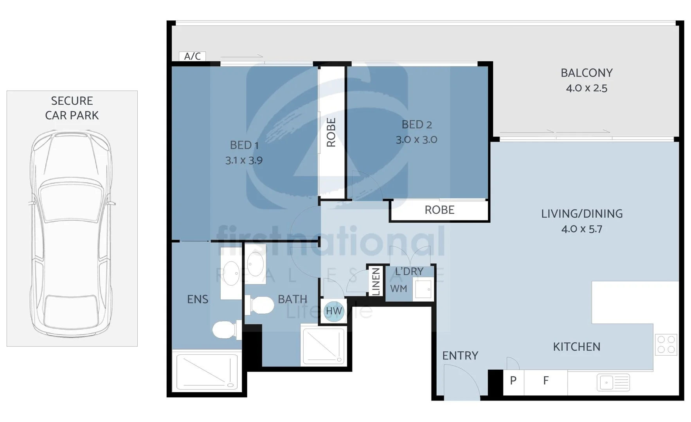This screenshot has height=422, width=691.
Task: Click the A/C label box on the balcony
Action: [x=192, y=56]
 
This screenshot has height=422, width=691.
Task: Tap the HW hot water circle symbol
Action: [x=334, y=311]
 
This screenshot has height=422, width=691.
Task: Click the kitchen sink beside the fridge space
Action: [x=613, y=383]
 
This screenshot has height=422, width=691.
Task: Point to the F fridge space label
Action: [x=546, y=380]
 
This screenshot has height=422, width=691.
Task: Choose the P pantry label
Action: [x=513, y=380]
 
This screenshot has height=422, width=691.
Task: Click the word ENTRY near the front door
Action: [x=460, y=356]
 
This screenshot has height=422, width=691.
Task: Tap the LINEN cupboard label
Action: [x=376, y=281]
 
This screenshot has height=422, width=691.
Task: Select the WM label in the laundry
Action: [x=399, y=289]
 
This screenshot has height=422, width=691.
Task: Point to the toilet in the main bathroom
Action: [x=260, y=305]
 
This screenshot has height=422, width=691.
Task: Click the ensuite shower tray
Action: [x=207, y=372]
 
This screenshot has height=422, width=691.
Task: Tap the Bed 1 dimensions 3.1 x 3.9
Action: [x=244, y=160]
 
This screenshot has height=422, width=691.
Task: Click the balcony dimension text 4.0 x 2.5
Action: [x=587, y=88]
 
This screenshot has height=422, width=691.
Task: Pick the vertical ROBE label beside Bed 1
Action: [x=331, y=132]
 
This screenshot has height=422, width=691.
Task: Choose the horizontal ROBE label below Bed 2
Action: [x=439, y=210]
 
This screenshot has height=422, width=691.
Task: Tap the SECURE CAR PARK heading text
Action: [x=72, y=108]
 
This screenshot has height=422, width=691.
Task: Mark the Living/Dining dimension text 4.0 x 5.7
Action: [x=582, y=229]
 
